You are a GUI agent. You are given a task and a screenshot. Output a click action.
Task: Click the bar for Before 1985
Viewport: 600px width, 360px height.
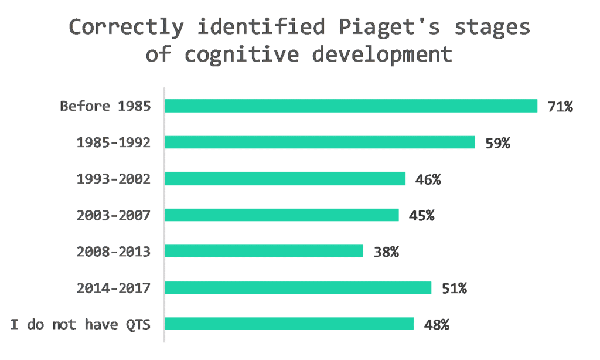click(x=350, y=106)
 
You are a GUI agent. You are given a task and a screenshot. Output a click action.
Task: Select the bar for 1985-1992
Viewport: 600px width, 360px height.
click(x=319, y=142)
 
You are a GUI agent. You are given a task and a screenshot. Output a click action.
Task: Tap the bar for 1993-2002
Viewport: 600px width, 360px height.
click(x=285, y=179)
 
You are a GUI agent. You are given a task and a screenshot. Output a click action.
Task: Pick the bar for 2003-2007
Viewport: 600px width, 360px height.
click(x=281, y=215)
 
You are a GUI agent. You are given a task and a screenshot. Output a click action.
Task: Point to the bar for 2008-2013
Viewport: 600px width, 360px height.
click(x=264, y=251)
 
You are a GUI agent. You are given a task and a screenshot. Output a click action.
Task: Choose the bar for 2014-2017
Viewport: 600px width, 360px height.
click(x=298, y=288)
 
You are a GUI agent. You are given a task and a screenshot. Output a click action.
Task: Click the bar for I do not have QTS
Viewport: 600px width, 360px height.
click(x=289, y=324)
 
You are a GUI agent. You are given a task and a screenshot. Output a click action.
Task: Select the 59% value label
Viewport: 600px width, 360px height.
click(x=497, y=143)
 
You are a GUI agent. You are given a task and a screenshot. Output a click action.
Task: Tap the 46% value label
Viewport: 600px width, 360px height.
click(x=428, y=179)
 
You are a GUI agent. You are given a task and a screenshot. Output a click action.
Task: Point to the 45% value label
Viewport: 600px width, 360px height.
click(x=422, y=216)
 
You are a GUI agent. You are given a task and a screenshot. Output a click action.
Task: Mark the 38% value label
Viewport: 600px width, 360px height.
click(x=386, y=252)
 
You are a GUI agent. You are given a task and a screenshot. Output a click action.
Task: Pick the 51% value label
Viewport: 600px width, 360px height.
click(x=454, y=288)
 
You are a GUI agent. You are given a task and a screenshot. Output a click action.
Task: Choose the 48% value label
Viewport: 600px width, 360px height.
click(x=437, y=325)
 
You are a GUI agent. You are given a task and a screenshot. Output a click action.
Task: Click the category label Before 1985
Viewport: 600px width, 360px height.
click(x=105, y=107)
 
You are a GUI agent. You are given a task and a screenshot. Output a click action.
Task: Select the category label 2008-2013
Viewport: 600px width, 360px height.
click(x=114, y=252)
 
